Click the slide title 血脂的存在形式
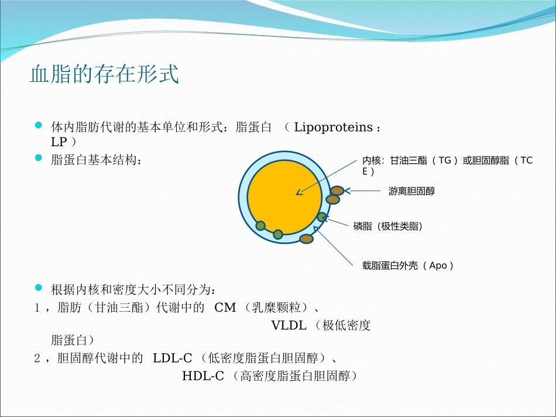pyautogui.click(x=104, y=75)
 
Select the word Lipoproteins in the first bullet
pyautogui.click(x=333, y=127)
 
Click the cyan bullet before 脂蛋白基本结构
pyautogui.click(x=39, y=158)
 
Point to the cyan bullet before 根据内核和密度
pyautogui.click(x=39, y=287)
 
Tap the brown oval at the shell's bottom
pyautogui.click(x=306, y=238)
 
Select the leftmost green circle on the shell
pyautogui.click(x=260, y=226)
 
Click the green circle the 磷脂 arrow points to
pyautogui.click(x=321, y=217)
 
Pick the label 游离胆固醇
pyautogui.click(x=411, y=191)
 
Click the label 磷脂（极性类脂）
pyautogui.click(x=388, y=226)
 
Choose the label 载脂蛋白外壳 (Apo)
pyautogui.click(x=408, y=266)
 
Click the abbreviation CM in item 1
pyautogui.click(x=225, y=308)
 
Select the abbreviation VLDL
pyautogui.click(x=289, y=325)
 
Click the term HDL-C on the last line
pyautogui.click(x=203, y=375)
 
